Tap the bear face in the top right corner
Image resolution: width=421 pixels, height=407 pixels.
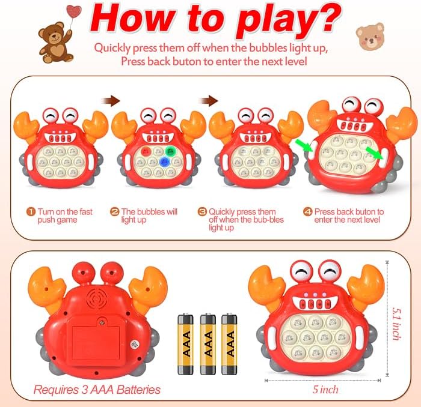click(x=370, y=37)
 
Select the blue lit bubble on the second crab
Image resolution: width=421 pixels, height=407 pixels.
click(x=170, y=152)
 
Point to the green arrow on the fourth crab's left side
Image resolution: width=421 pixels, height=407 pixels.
click(x=304, y=145)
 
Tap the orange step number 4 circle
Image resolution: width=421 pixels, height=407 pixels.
click(x=307, y=212)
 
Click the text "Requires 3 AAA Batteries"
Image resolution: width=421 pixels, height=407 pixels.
click(x=97, y=390)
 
